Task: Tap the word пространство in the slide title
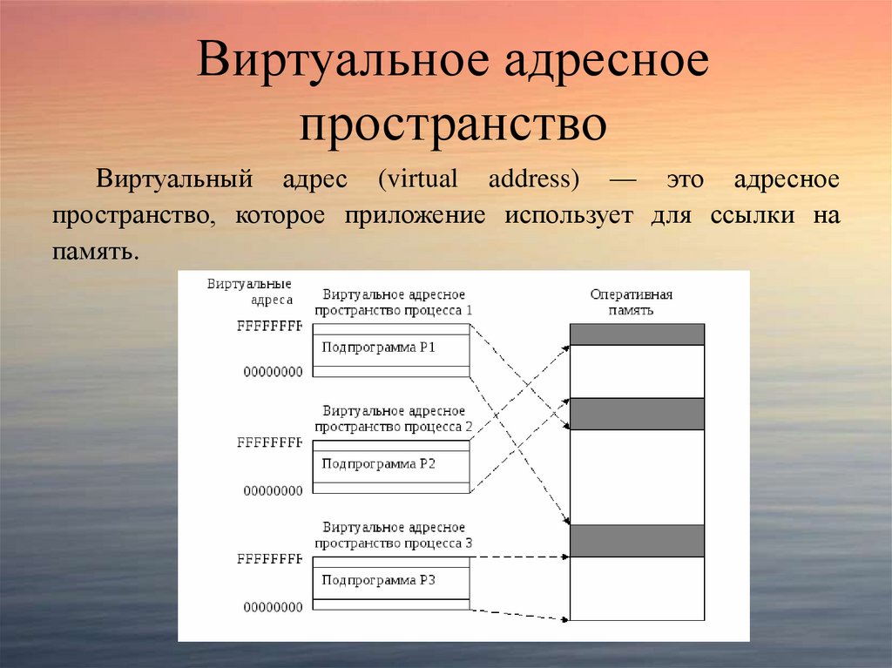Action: [x=453, y=125]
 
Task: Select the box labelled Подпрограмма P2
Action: [x=390, y=464]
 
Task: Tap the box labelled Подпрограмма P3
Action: [x=390, y=580]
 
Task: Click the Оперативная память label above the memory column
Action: [x=632, y=301]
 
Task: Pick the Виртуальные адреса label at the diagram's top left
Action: [x=249, y=292]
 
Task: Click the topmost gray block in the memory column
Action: [x=637, y=334]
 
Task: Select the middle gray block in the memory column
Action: [x=637, y=414]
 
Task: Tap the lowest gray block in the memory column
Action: [x=637, y=540]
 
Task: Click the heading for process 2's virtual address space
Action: [x=394, y=419]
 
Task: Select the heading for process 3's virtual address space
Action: [x=394, y=536]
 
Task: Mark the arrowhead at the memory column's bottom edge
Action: [x=565, y=620]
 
